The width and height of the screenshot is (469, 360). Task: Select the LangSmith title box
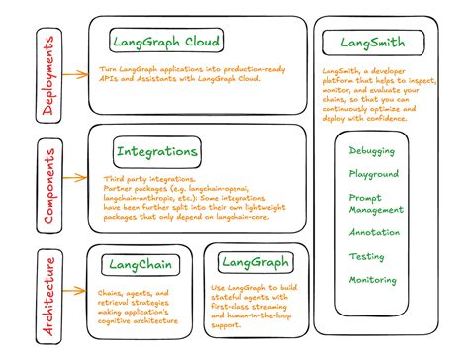[372, 44]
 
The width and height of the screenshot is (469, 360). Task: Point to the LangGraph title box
[254, 262]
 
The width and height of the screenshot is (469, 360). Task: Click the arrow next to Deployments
[73, 73]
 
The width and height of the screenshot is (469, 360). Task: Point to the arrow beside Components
[73, 180]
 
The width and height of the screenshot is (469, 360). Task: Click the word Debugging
[372, 151]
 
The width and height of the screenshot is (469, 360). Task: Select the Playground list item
[373, 173]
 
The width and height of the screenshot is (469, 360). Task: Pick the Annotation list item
[374, 232]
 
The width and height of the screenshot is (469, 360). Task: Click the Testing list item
[366, 256]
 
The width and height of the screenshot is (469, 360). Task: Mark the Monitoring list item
[372, 280]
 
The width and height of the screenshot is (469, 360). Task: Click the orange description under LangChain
[136, 308]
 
